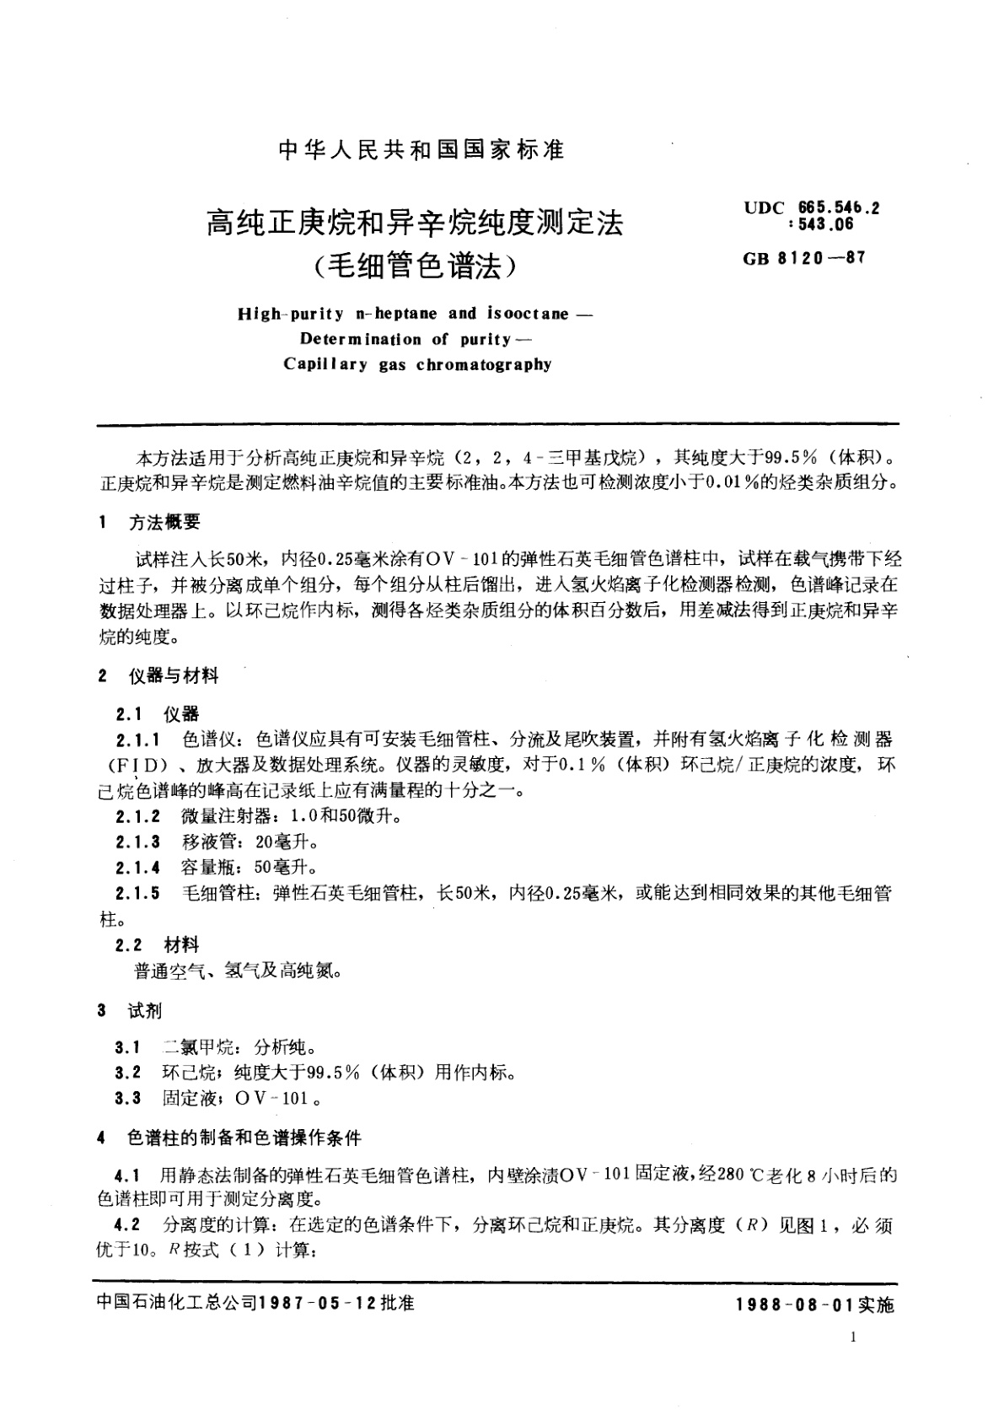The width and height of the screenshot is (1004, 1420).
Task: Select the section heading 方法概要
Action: [164, 523]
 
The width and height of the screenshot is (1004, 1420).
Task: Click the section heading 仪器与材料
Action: [173, 675]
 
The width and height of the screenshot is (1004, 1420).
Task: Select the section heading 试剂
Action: [145, 1011]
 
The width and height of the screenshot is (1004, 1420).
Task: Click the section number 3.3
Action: [128, 1099]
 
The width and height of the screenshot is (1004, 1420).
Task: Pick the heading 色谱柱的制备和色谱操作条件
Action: [244, 1138]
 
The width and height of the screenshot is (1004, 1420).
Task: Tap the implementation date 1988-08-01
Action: [794, 1304]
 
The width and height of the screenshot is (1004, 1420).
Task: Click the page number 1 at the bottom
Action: [855, 1338]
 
